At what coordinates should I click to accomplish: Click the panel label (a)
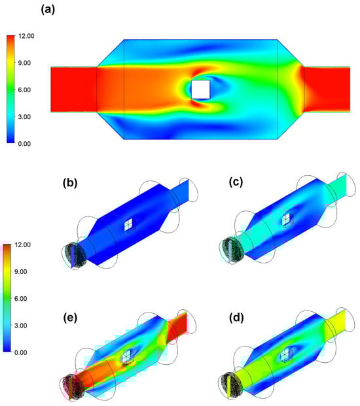[x=48, y=10]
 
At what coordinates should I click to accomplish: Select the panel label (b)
[x=70, y=183]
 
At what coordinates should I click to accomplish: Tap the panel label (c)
[x=236, y=182]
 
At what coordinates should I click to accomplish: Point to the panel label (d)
[x=236, y=318]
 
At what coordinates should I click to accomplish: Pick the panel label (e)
[x=70, y=318]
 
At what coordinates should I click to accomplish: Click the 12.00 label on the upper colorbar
[x=26, y=36]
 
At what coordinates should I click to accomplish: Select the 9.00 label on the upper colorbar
[x=25, y=63]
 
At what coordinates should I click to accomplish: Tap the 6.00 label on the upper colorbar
[x=25, y=90]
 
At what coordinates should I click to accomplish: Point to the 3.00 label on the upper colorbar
[x=25, y=117]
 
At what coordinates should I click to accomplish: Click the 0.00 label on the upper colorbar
[x=25, y=144]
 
